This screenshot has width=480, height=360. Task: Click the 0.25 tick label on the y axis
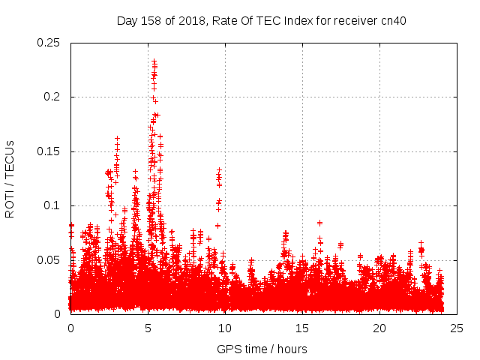click(49, 43)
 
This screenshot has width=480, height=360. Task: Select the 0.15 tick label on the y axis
click(49, 151)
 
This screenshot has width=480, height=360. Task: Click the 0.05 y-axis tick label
click(49, 260)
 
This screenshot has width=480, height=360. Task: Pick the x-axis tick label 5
click(148, 328)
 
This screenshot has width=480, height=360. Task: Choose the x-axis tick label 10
click(225, 328)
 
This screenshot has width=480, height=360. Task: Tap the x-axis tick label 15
click(302, 328)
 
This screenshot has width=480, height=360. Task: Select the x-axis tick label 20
click(379, 328)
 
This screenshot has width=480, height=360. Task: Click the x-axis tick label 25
click(457, 328)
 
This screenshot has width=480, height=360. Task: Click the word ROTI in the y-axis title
click(10, 202)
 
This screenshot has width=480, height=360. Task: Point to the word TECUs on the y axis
click(10, 159)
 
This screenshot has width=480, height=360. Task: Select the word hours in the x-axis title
click(292, 349)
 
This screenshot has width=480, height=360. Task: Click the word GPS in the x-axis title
click(229, 349)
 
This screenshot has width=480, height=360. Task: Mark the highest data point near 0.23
click(154, 61)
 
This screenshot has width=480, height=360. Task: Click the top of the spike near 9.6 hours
click(219, 170)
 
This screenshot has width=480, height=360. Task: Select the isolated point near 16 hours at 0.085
click(319, 223)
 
